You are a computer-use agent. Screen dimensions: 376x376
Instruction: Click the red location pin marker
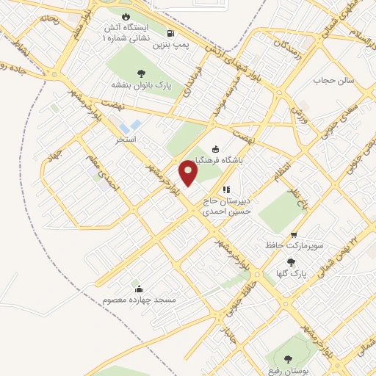[x=189, y=173]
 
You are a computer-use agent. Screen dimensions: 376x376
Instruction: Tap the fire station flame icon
[x=125, y=16]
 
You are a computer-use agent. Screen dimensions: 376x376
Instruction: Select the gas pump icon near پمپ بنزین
[x=170, y=33]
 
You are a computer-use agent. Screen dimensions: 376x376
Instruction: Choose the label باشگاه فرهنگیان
[x=217, y=160]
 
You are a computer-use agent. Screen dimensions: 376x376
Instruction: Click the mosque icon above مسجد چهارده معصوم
[x=139, y=288]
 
